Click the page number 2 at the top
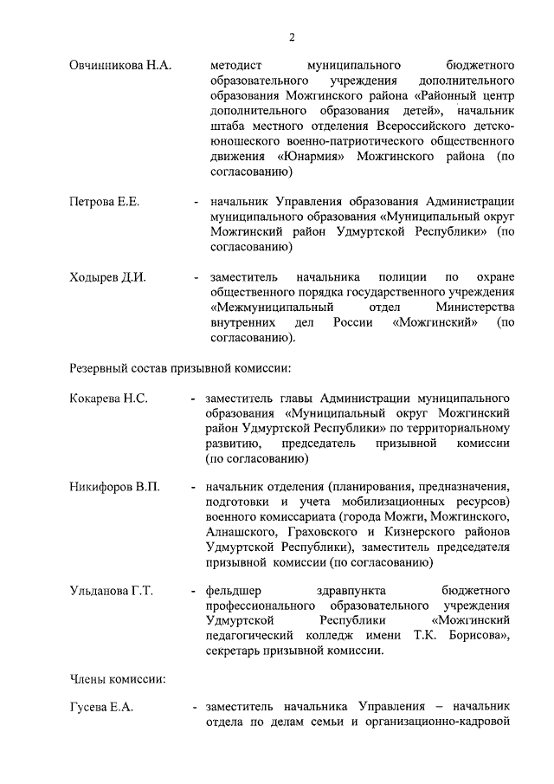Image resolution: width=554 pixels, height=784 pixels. pyautogui.click(x=292, y=36)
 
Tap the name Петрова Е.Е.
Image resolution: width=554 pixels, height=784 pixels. pyautogui.click(x=104, y=202)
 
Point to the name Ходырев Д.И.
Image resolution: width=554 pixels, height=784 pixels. pyautogui.click(x=107, y=277)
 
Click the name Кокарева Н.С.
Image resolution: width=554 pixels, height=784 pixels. pyautogui.click(x=108, y=398)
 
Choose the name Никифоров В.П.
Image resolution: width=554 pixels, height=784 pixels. pyautogui.click(x=114, y=488)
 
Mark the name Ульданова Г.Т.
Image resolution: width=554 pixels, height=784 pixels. pyautogui.click(x=111, y=592)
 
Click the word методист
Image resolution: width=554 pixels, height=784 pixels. pyautogui.click(x=236, y=65)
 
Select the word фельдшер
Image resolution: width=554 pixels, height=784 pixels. pyautogui.click(x=234, y=592)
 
